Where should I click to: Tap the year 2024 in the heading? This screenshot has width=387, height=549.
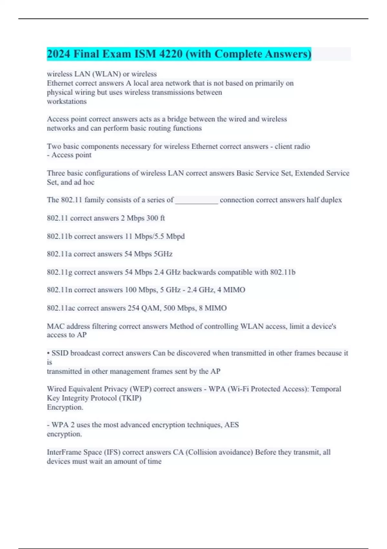(x=58, y=54)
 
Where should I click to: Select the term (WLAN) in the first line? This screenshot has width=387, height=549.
(x=106, y=74)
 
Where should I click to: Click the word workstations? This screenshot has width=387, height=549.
(x=67, y=101)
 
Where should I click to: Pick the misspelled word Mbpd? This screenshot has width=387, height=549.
(x=175, y=236)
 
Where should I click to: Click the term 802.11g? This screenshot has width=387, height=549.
(x=60, y=272)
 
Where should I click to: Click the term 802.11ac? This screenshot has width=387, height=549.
(x=61, y=308)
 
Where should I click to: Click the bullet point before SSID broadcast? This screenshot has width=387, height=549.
(x=48, y=353)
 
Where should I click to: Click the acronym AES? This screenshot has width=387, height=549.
(x=232, y=425)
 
